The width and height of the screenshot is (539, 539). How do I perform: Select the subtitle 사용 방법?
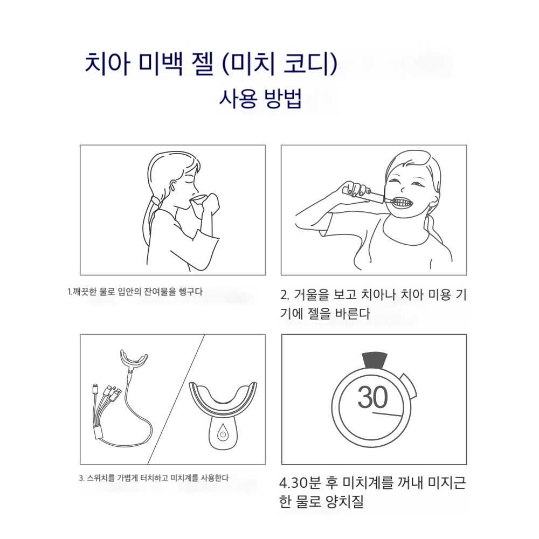click(260, 99)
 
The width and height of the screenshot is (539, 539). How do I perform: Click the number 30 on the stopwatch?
click(372, 397)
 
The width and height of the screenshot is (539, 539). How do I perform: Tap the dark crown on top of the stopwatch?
click(375, 359)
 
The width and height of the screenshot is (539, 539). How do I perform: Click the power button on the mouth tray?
click(223, 434)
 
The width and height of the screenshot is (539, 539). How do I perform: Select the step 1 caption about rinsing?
click(135, 292)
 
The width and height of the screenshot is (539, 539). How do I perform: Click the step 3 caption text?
click(154, 478)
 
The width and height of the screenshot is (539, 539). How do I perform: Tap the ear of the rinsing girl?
click(173, 185)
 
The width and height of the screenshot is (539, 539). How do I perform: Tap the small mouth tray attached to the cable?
click(133, 360)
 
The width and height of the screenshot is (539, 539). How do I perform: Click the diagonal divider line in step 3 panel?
click(176, 399)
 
